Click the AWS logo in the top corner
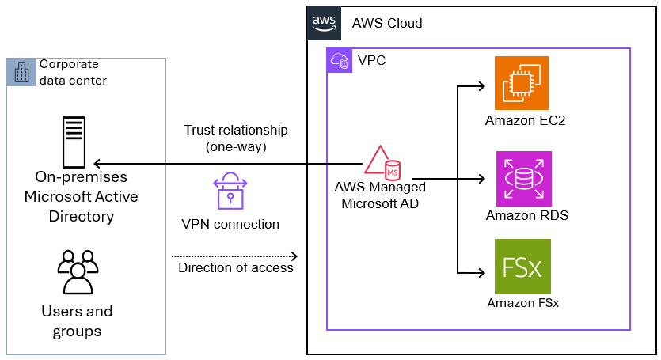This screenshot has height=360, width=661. pos(324,23)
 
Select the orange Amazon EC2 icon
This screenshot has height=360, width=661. pos(522,83)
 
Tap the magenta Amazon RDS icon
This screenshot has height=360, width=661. pos(522,178)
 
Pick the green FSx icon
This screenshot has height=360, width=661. pos(522,267)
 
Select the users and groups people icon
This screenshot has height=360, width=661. pos(77,273)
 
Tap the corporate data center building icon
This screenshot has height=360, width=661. pos(21,72)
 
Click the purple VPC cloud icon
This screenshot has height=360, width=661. pos(340,61)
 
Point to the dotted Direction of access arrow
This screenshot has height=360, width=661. pos(234,256)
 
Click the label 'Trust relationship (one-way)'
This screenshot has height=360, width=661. pos(236,138)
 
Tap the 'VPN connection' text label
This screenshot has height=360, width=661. pos(230,224)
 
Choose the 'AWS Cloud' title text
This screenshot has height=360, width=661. pos(387,23)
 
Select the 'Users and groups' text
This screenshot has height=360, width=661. pos(77,321)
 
